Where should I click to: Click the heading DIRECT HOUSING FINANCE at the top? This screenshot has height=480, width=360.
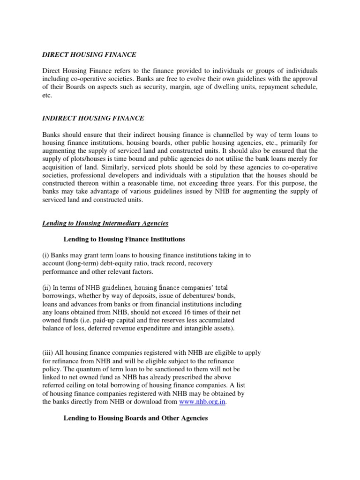(89, 55)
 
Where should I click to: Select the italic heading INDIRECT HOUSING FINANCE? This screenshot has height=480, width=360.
(93, 118)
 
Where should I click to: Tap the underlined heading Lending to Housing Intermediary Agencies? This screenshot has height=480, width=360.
(105, 224)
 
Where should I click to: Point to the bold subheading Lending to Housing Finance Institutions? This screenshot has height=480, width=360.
(124, 240)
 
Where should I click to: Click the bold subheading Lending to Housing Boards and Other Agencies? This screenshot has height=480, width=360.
(135, 418)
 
